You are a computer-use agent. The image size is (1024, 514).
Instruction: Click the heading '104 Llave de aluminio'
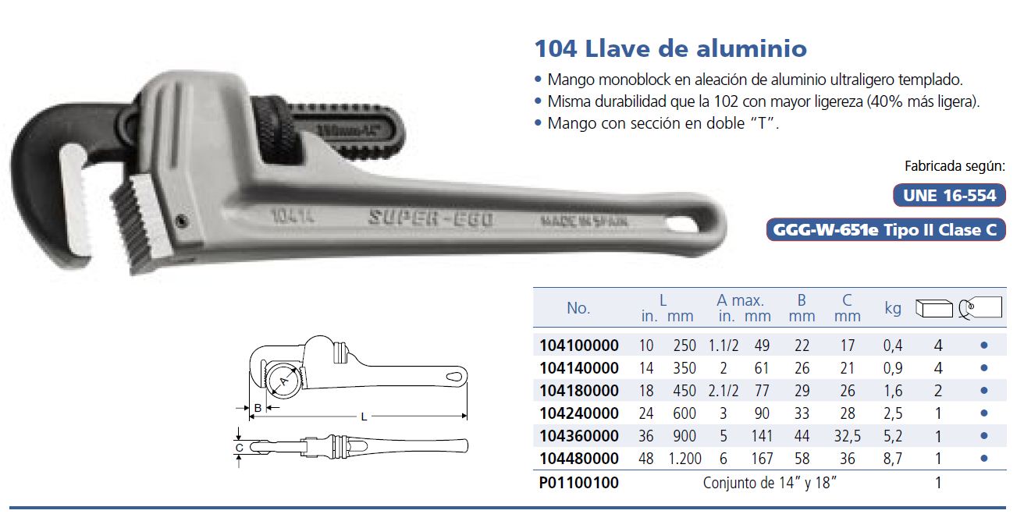tap(670, 48)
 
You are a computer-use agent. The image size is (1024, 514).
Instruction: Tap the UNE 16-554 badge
tap(949, 196)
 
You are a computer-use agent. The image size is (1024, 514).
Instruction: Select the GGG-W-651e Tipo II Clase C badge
tap(886, 229)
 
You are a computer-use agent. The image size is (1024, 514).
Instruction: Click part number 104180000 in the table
tap(579, 391)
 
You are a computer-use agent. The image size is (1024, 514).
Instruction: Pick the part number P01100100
tap(579, 483)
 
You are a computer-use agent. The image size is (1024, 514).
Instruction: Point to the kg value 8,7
tap(892, 459)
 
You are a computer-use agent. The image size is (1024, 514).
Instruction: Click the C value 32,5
tap(847, 436)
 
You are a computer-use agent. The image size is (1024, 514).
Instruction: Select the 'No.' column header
tap(578, 308)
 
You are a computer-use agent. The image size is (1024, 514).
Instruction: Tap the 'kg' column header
tap(893, 309)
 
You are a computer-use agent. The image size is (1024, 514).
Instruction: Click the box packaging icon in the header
tap(934, 308)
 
